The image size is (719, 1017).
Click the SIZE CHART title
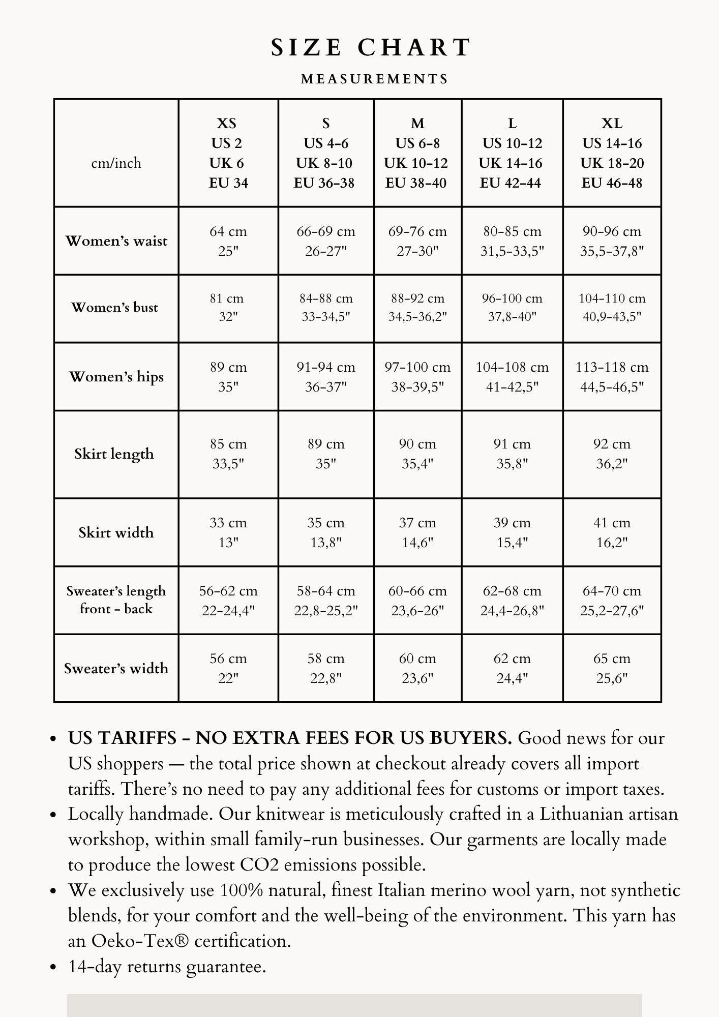(x=371, y=48)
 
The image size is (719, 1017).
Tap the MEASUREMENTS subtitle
(x=375, y=79)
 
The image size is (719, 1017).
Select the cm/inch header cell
(x=116, y=163)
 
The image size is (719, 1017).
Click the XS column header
(x=228, y=153)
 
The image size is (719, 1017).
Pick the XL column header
(x=612, y=153)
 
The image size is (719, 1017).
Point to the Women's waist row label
(x=116, y=241)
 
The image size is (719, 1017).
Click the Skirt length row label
(x=114, y=454)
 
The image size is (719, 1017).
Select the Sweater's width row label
(x=116, y=668)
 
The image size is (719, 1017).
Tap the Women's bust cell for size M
(x=417, y=308)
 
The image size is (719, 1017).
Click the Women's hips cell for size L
(x=512, y=377)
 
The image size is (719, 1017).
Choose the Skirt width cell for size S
(x=325, y=532)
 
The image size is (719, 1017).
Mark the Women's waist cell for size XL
(x=612, y=241)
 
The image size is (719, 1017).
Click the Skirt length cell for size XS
(x=228, y=454)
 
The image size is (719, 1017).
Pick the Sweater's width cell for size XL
(x=612, y=668)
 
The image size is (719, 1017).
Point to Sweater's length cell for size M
(x=417, y=601)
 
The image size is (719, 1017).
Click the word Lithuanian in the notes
(x=582, y=814)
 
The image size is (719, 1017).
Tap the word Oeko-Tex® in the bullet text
(x=140, y=941)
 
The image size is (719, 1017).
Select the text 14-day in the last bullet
(x=95, y=967)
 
